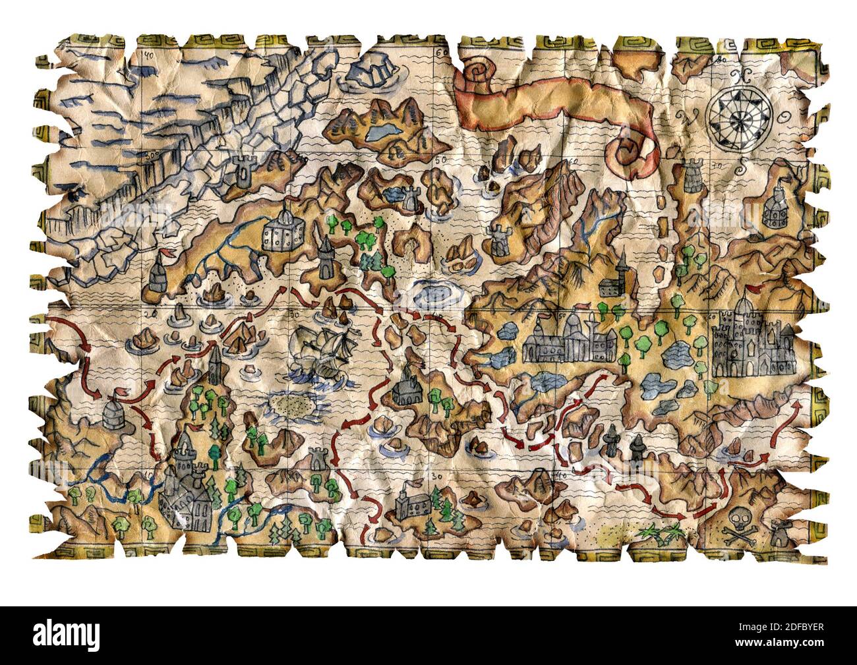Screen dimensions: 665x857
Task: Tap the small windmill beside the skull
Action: (x=778, y=531)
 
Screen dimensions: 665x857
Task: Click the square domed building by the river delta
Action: (x=281, y=231)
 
